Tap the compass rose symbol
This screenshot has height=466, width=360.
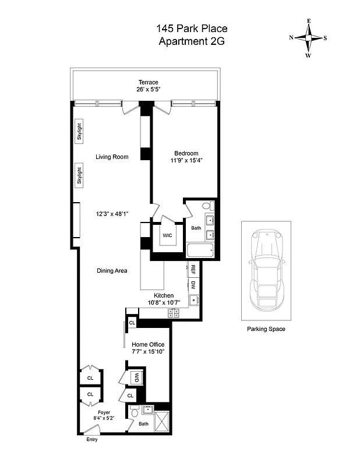tap(308, 38)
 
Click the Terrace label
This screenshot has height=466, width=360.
tap(149, 82)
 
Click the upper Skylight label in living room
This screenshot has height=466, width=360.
tap(79, 130)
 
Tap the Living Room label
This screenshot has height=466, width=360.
tap(112, 157)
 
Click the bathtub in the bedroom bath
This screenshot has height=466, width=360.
tap(200, 251)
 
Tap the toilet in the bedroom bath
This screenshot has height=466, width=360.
tap(207, 206)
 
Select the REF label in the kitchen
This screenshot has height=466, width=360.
tap(192, 270)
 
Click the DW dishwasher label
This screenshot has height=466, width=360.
tap(192, 285)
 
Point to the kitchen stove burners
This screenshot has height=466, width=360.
tap(174, 313)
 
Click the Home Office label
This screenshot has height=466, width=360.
tap(148, 344)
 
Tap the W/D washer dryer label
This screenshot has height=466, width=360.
tap(136, 377)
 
